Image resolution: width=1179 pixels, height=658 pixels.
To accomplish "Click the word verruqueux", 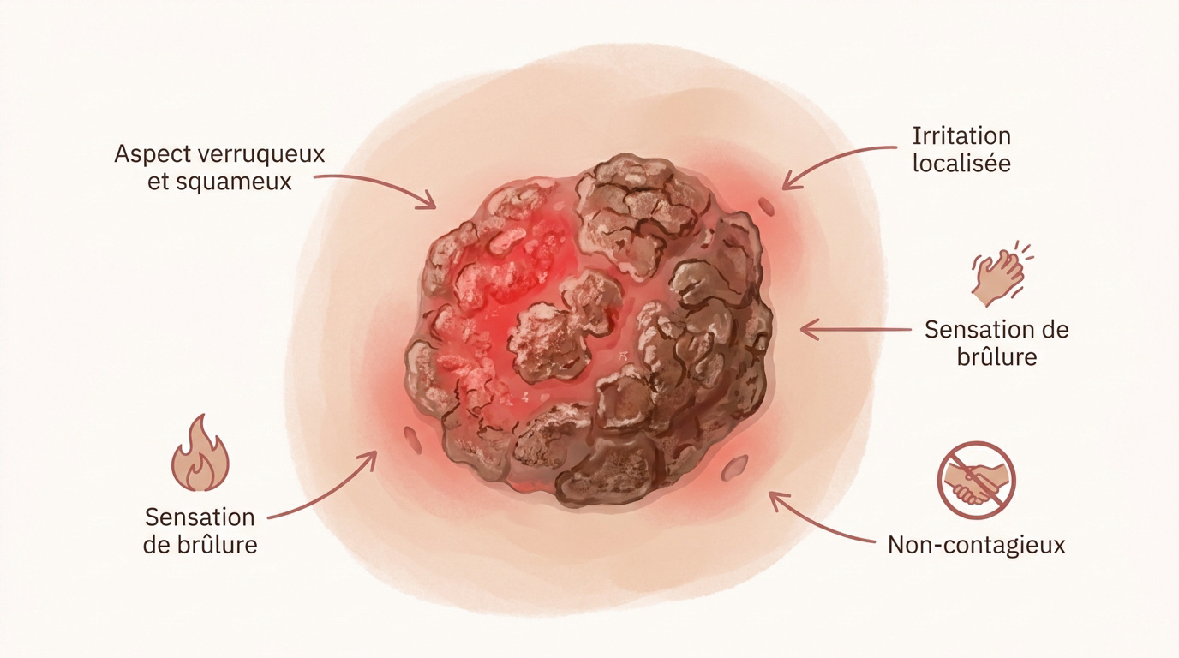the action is (x=260, y=153).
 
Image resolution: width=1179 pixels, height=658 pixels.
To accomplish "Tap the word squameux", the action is (x=234, y=182).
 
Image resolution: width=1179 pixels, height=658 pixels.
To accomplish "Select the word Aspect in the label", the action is (x=152, y=154).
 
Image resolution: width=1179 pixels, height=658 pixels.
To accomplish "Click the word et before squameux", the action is (x=157, y=182).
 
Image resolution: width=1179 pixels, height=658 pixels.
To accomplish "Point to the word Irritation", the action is (x=961, y=136).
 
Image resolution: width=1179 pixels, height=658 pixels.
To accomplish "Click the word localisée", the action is (x=961, y=163).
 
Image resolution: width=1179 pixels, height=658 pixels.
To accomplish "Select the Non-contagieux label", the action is (x=977, y=545).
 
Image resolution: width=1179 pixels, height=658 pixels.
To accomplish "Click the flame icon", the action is (x=200, y=454).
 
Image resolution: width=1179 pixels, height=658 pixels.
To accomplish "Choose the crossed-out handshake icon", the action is (x=977, y=480).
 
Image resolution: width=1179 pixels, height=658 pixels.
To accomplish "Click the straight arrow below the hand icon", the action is (x=856, y=330).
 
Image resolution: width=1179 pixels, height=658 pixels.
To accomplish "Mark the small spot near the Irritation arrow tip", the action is (x=766, y=206).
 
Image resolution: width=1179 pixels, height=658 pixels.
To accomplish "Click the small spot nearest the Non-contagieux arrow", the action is (x=735, y=468).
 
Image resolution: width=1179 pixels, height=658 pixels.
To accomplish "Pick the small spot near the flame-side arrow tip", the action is (x=413, y=440).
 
